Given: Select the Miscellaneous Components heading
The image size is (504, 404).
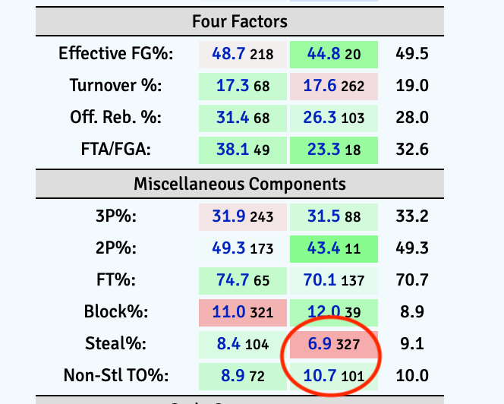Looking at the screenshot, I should [239, 184].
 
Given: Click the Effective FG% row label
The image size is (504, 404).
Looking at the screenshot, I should [116, 53].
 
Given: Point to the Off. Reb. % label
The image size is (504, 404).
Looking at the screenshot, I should [124, 117].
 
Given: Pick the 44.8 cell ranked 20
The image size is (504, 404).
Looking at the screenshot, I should [334, 53].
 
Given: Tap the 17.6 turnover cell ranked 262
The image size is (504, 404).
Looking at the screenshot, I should [334, 85].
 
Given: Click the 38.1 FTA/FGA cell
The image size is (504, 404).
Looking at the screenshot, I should [243, 149].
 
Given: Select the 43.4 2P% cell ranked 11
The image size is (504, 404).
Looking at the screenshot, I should [334, 248].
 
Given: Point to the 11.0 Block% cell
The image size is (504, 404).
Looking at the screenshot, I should [243, 312].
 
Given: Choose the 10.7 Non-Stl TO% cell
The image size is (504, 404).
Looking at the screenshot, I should [334, 375].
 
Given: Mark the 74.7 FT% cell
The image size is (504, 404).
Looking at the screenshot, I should [243, 280].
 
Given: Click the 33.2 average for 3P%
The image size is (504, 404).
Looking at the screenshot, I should [412, 216].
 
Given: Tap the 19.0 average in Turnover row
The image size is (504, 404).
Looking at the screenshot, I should [412, 85].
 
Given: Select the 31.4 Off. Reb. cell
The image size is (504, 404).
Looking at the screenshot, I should [243, 117].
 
